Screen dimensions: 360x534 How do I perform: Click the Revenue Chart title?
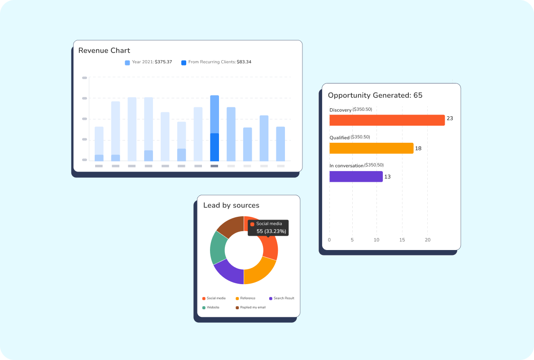pos(104,50)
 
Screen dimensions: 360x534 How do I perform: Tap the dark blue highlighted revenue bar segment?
pos(214,147)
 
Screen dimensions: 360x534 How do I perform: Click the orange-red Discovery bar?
pos(387,120)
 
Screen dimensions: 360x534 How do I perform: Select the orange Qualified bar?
pos(371,148)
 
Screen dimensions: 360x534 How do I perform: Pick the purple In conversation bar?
pos(356,176)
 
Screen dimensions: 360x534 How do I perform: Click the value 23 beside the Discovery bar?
pos(450,119)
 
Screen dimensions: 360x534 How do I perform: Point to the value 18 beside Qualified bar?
pos(418,149)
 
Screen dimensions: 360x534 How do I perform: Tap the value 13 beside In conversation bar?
pos(387,177)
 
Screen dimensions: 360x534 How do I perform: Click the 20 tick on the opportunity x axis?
pos(428,240)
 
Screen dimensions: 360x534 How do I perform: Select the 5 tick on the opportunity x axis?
pos(352,240)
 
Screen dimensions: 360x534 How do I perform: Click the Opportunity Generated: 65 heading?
pos(375,95)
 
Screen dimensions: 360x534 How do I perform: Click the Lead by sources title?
pos(231,205)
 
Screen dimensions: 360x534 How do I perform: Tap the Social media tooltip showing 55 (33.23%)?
pos(268,228)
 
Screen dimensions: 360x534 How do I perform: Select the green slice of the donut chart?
pos(218,248)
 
